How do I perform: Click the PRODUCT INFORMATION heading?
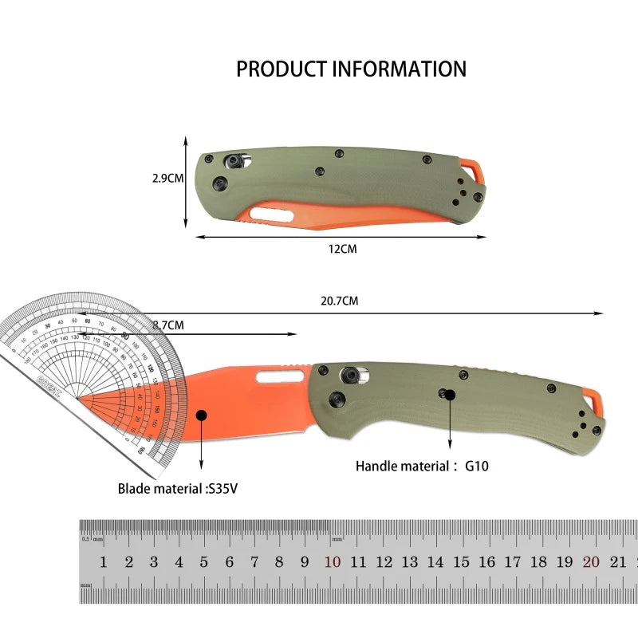(x=351, y=69)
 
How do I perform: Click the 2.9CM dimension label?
(x=168, y=179)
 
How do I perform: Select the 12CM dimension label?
(x=343, y=250)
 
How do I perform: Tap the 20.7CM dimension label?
(x=340, y=301)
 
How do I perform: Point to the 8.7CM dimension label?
(x=168, y=325)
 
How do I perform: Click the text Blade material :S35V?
(x=178, y=488)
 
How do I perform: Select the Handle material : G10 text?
(x=422, y=466)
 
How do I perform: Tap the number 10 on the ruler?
(x=332, y=562)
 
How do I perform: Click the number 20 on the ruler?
(x=590, y=562)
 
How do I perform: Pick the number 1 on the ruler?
(x=103, y=562)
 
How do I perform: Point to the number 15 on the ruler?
(x=461, y=562)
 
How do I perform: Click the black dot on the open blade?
(x=201, y=415)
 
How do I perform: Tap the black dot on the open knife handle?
(x=450, y=394)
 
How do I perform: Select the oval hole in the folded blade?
(x=270, y=213)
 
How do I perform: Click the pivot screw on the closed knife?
(x=234, y=160)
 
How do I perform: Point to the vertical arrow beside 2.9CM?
(x=186, y=179)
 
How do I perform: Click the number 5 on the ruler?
(x=203, y=562)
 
